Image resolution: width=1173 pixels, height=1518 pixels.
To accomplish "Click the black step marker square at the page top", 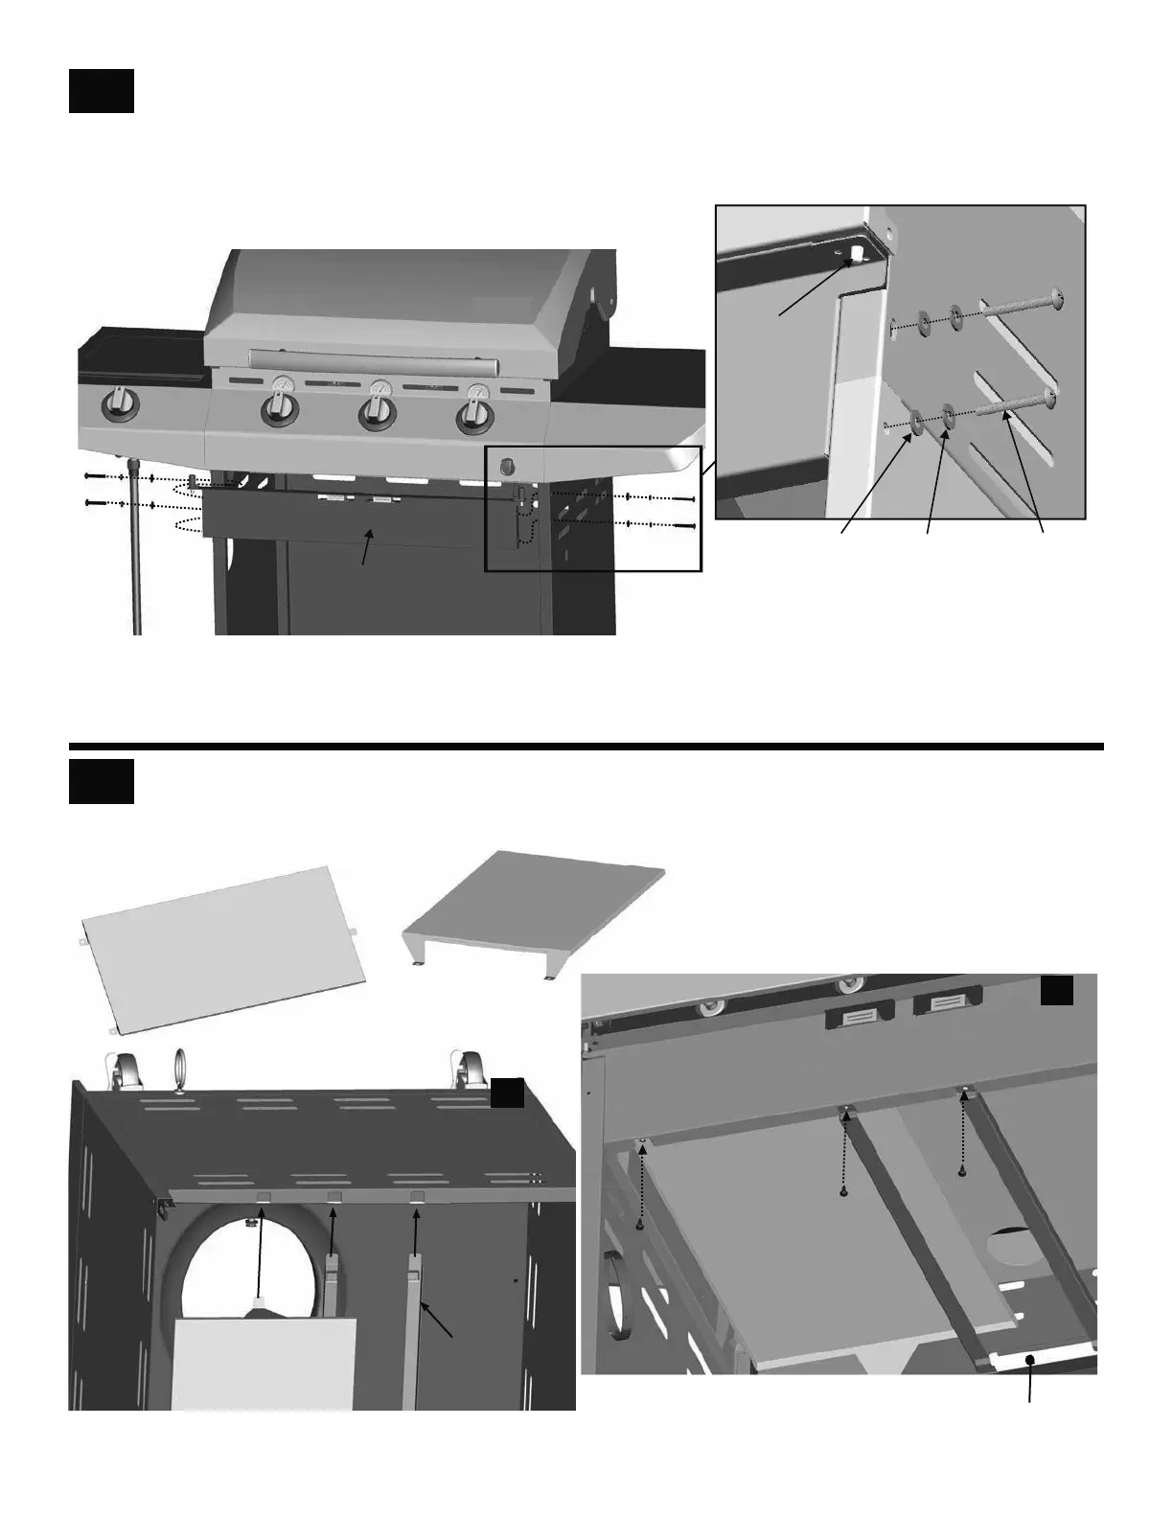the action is point(101,90).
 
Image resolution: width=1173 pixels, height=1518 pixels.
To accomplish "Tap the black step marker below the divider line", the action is point(101,782).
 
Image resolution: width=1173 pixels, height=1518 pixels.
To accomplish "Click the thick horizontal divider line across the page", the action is point(586,747).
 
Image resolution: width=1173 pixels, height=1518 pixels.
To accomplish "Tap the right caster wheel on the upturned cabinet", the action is point(467,1069).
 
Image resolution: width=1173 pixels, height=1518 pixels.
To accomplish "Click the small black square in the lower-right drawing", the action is point(1057,991).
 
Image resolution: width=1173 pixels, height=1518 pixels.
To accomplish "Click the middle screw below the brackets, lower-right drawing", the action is point(843,1192).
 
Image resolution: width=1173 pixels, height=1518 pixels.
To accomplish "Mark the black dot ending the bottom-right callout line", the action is point(1030,1359).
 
